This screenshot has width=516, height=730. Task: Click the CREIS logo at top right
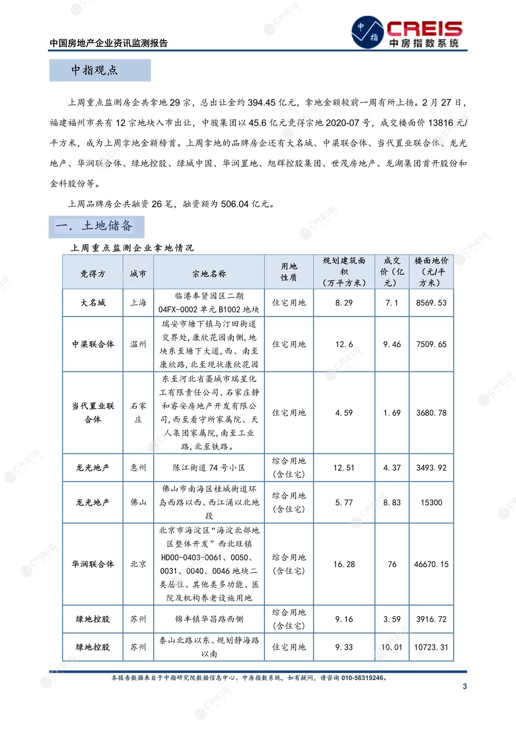click(408, 32)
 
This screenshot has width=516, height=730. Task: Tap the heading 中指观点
click(95, 70)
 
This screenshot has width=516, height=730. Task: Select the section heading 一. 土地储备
click(94, 226)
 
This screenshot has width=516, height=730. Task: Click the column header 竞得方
click(93, 274)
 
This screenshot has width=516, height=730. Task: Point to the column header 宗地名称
click(209, 274)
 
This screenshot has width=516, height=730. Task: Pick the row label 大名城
click(93, 303)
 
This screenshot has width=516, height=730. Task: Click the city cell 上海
click(138, 303)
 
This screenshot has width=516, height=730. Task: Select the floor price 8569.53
click(431, 303)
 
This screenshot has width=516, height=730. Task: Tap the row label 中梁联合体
click(93, 344)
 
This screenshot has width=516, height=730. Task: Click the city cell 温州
click(138, 344)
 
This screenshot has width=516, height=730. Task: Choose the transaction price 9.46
click(392, 344)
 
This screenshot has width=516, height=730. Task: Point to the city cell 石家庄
click(138, 413)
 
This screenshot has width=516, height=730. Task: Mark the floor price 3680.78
click(431, 413)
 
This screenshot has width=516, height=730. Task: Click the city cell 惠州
click(138, 468)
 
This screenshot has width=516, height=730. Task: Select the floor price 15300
click(431, 502)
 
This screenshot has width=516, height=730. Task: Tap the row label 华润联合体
click(93, 564)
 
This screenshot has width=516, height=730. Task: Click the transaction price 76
click(392, 564)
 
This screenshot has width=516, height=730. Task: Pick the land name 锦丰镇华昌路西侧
click(209, 619)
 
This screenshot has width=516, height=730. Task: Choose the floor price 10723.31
click(431, 647)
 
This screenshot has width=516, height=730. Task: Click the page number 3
click(465, 686)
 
